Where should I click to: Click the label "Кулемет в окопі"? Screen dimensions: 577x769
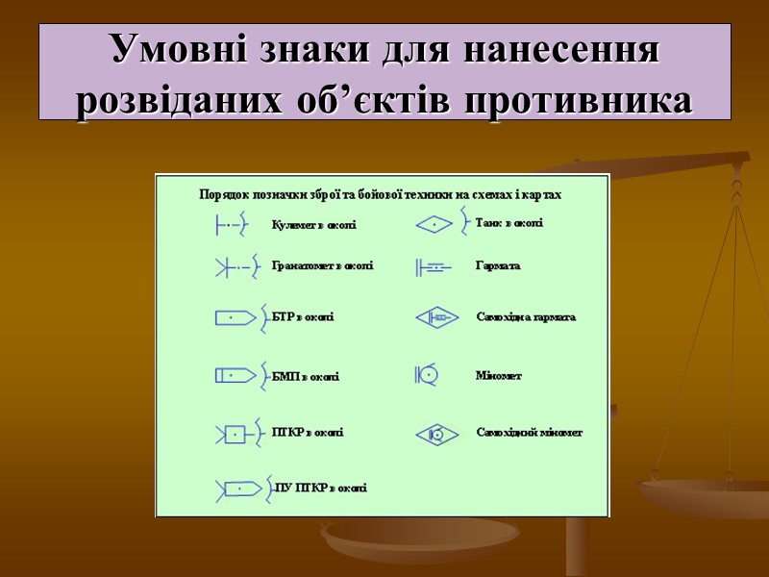point(313,226)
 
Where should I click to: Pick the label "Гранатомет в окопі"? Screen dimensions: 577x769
point(322,265)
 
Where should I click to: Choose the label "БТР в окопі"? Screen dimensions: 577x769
point(303,316)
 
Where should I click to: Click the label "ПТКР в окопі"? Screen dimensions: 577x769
point(308,433)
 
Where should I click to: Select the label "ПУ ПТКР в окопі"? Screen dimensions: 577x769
point(320,489)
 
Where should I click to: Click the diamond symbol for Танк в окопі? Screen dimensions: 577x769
point(434,225)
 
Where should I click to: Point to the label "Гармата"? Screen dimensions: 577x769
point(498,265)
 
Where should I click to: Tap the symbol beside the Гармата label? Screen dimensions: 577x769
point(431,266)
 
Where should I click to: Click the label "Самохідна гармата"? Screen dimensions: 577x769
point(526,317)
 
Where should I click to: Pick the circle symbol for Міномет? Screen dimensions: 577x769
point(430,375)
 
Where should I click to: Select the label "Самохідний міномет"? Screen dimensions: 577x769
point(530,433)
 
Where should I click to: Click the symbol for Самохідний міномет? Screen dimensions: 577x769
point(436,435)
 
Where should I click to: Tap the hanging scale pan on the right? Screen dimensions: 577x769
point(704,495)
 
